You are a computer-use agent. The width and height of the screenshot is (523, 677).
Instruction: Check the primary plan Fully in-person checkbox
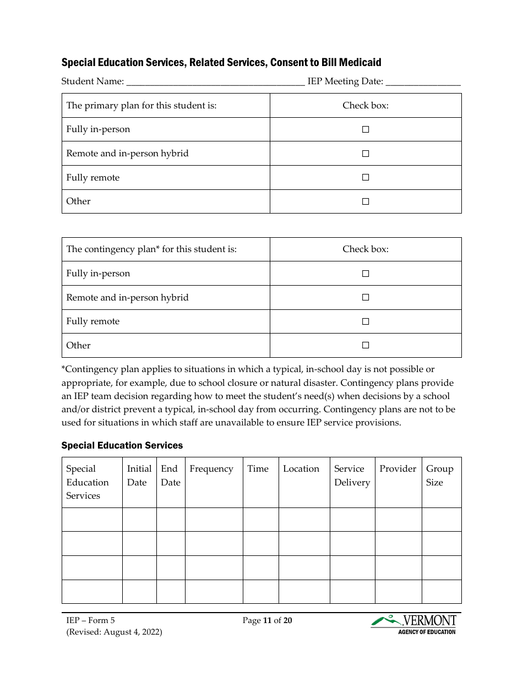point(365,129)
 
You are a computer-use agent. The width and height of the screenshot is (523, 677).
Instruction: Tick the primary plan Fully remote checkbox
point(365,177)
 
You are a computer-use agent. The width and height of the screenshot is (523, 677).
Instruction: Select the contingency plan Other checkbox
point(365,345)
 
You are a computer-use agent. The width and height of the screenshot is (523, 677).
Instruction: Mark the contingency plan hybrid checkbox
point(365,297)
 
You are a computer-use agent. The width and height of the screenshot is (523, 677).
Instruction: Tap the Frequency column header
point(211,469)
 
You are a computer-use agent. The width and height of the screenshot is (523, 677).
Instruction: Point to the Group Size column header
point(439,476)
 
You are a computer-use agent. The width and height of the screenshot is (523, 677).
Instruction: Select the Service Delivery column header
point(352,476)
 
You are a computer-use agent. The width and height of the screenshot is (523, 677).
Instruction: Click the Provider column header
point(397,469)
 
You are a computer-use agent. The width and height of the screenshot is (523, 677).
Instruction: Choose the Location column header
point(301,469)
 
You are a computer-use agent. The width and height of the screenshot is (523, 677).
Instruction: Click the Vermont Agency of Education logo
point(413,624)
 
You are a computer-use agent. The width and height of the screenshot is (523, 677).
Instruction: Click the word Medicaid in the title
point(360,63)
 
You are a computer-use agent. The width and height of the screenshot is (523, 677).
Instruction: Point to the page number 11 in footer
point(267,620)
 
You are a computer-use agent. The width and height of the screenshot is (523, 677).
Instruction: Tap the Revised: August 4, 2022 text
point(114,632)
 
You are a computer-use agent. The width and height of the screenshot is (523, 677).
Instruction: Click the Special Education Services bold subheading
point(122,445)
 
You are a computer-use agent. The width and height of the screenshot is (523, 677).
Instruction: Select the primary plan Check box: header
point(365,106)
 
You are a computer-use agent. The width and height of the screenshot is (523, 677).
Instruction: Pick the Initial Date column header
point(139,476)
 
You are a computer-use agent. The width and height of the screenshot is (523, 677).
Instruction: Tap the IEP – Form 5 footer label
point(90,620)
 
